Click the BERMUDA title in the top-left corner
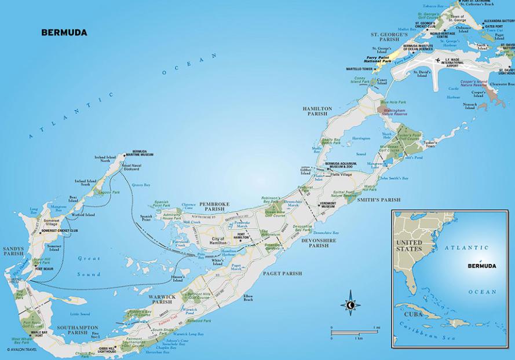click(64, 32)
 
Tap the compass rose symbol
click(350, 304)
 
